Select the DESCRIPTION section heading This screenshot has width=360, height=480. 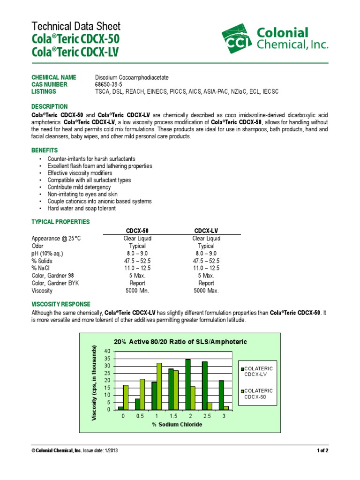point(49,106)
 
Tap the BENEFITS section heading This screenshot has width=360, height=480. point(45,150)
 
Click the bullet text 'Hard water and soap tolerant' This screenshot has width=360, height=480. point(81,208)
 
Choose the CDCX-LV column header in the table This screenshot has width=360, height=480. point(206,231)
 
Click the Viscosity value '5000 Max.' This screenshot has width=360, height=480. point(206,291)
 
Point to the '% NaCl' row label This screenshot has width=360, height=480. point(41,268)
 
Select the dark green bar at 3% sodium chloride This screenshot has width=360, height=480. point(221,395)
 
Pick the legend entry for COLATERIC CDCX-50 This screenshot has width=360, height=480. point(258,394)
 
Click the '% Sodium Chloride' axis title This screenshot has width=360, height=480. point(177,425)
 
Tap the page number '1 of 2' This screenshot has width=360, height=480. point(322,451)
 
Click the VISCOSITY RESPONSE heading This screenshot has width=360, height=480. point(60,304)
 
